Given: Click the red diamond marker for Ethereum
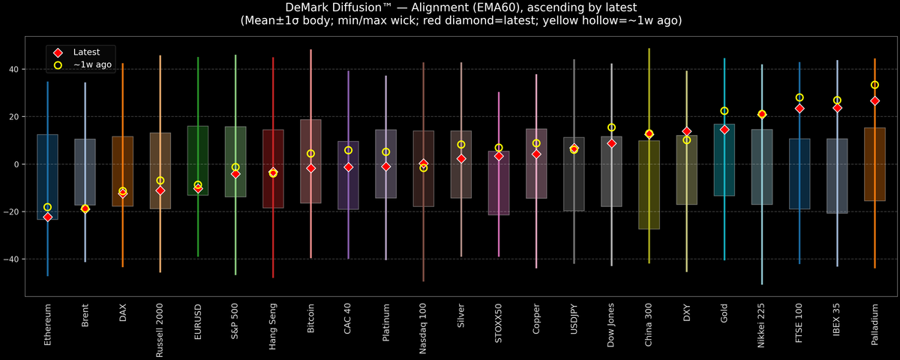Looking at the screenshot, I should coord(48,217).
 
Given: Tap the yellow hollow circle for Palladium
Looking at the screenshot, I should coord(874,85).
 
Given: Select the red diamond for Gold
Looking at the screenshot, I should coord(724,129).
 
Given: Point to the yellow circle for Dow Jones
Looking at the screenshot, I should coord(611,127).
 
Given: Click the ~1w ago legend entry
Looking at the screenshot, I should coord(89,65).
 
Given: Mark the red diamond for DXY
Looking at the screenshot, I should coord(687,131).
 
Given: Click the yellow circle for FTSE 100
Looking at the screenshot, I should coord(799,97).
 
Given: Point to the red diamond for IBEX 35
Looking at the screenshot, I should coord(837,107).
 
